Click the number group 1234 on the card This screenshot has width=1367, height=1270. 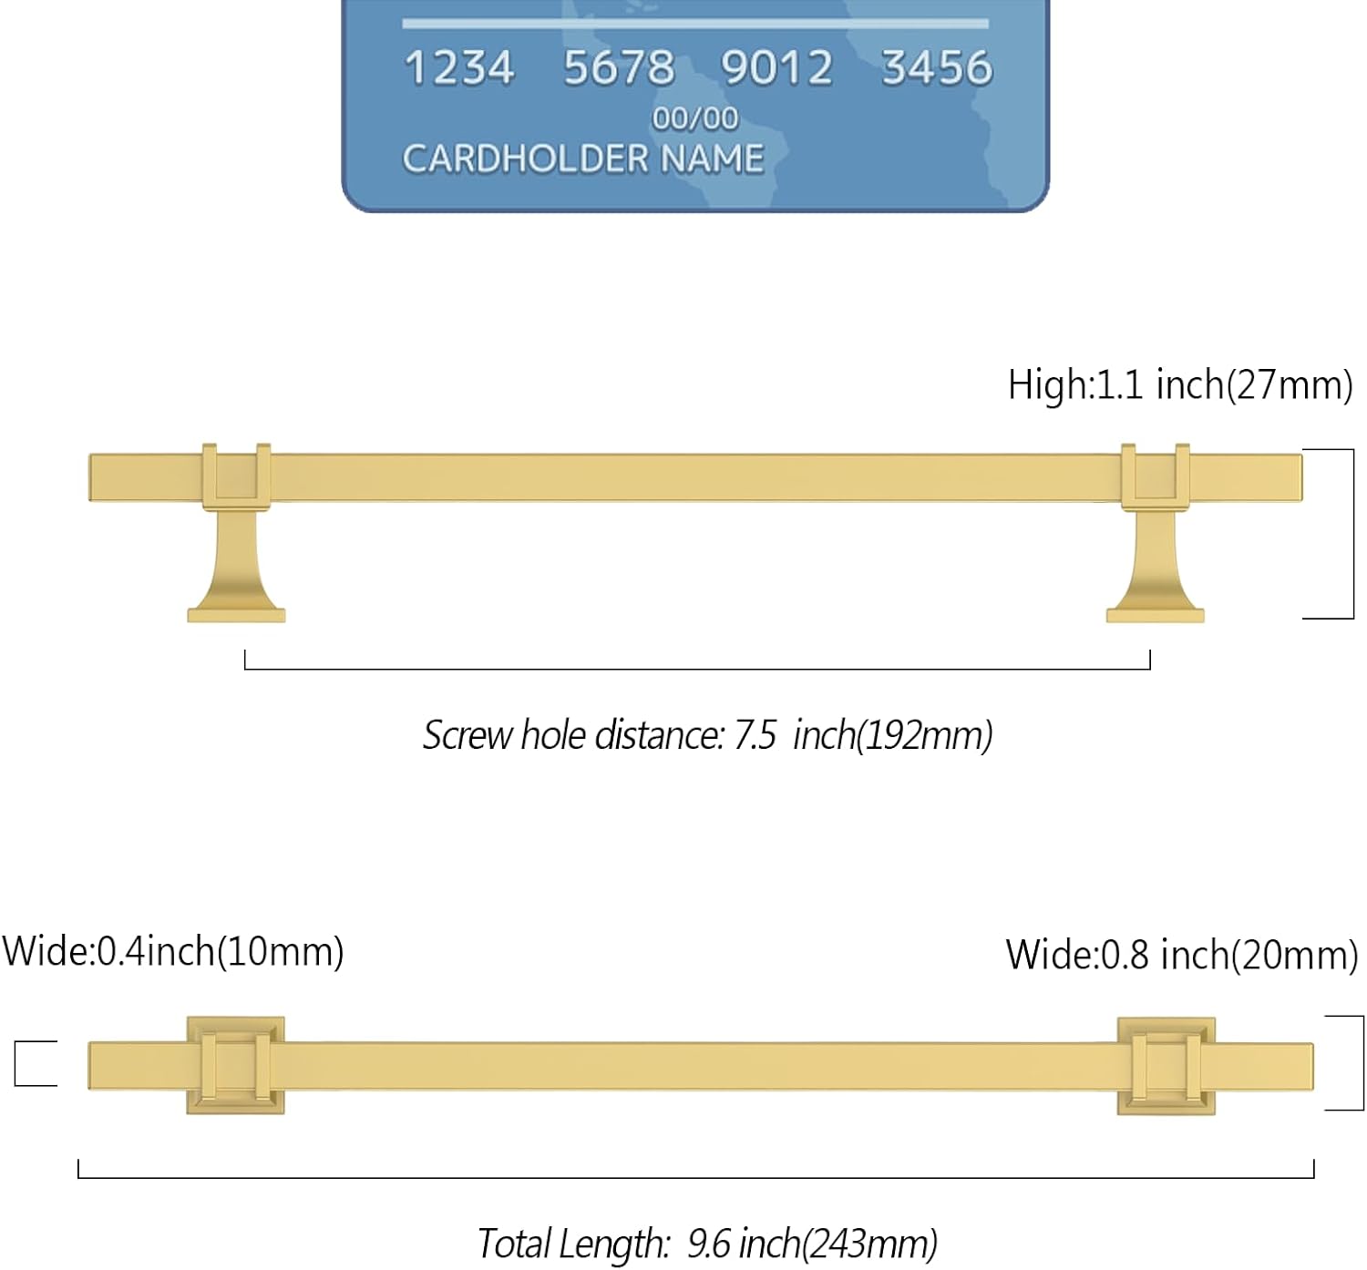coord(458,68)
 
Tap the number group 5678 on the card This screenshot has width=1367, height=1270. coord(618,68)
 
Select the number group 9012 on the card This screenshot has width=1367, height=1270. coord(776,68)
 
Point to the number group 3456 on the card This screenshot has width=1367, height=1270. coord(936,68)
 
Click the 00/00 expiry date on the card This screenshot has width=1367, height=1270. coord(694,118)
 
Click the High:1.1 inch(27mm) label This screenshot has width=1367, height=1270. coord(1179,385)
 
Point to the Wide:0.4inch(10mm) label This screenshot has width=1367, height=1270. coord(173,951)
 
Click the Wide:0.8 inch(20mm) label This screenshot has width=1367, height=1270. coord(1182,955)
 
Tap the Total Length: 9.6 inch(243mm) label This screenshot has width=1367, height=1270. coord(707,1243)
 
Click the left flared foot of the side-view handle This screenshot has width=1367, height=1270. coord(236,574)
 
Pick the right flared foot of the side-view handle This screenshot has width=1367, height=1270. coord(1155,574)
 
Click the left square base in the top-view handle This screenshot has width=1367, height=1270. coord(236,1065)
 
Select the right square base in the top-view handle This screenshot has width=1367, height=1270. coord(1166,1066)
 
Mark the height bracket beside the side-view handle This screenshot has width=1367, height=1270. coord(1352,534)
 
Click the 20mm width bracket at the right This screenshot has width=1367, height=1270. coord(1362,1062)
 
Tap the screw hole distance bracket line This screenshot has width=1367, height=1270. coord(697,669)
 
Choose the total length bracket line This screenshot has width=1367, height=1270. coord(696,1177)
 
